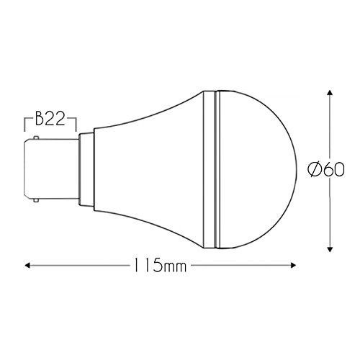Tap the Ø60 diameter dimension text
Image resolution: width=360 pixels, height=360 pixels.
point(327,170)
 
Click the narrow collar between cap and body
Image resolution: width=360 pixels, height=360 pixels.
point(85,167)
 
